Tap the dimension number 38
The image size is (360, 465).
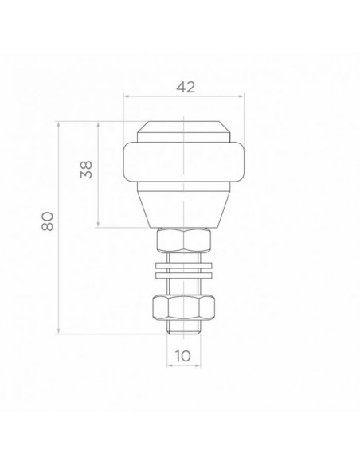tap(87, 168)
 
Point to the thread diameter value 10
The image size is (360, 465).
tap(184, 357)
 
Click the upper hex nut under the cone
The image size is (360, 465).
tap(184, 241)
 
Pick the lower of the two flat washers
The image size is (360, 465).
tap(184, 275)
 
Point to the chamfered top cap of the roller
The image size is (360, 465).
tap(184, 129)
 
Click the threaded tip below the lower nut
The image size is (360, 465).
tap(184, 328)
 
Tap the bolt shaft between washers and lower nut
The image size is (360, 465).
tap(184, 286)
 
